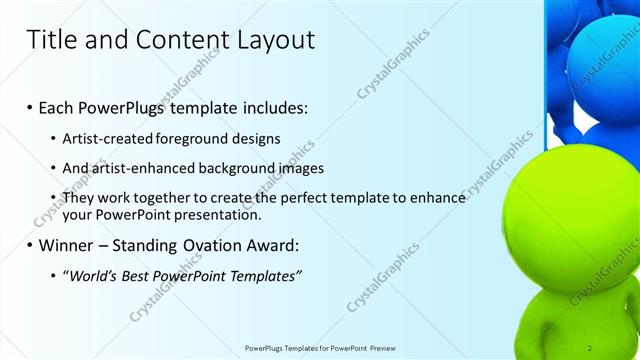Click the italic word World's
(x=91, y=275)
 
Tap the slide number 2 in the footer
(x=590, y=348)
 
